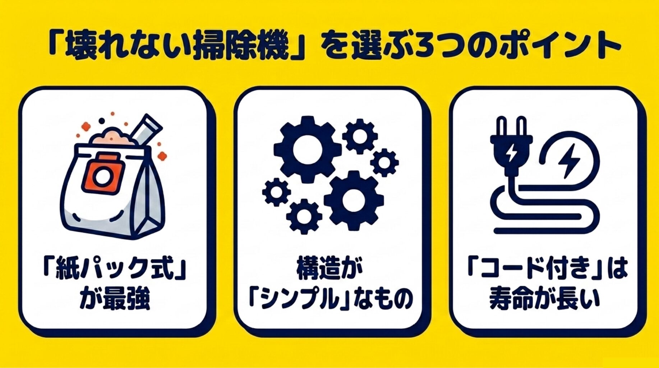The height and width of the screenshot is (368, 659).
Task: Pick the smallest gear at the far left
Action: [x=276, y=192]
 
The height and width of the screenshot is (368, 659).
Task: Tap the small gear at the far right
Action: [x=384, y=162]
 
